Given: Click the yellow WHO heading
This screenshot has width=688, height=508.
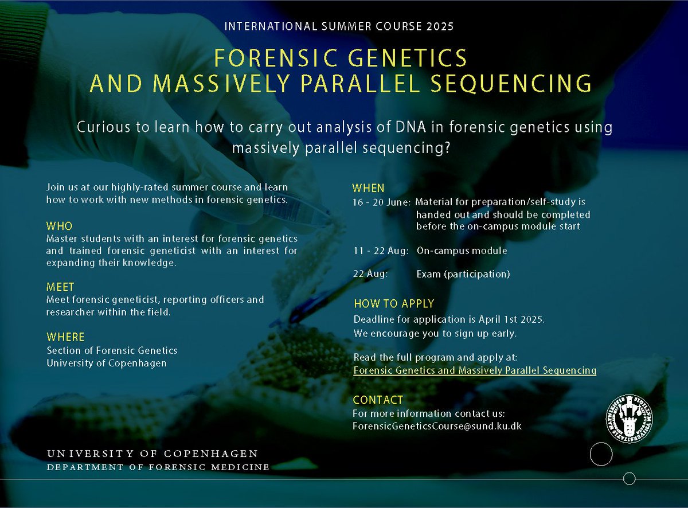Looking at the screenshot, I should click(60, 226).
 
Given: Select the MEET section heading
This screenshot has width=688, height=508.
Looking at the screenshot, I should click(61, 287).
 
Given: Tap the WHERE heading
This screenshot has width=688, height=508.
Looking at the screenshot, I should click(65, 337).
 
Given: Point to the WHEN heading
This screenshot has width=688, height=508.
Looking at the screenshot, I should click(368, 188).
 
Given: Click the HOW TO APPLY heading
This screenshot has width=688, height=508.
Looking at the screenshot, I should click(394, 304).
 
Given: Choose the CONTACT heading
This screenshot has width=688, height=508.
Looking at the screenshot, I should click(378, 400).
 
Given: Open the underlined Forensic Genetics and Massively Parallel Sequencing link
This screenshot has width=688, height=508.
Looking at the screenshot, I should click(475, 370).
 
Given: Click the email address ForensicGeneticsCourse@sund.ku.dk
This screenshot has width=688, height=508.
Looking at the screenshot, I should click(437, 426).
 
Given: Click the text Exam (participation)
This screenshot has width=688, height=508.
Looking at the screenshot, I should click(463, 274).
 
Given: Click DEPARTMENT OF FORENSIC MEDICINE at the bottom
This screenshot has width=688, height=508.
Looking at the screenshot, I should click(158, 467).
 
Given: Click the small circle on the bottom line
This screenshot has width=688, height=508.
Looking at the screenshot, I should click(629, 478).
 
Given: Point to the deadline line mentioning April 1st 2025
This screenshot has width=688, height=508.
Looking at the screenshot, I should click(449, 319).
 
